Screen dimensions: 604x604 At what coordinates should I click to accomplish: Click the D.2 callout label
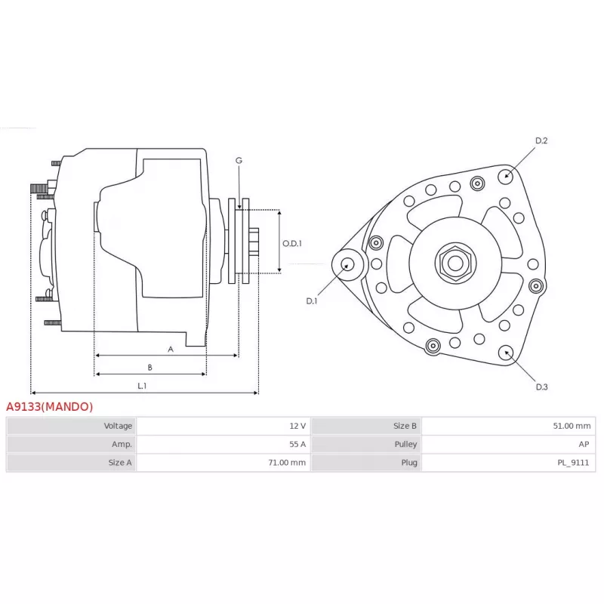point(541,141)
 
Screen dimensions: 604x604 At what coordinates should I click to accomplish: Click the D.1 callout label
point(312,301)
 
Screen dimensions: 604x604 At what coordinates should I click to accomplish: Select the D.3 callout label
point(541,387)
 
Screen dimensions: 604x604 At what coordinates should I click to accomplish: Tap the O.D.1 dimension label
point(292,243)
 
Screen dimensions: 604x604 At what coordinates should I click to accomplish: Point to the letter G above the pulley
point(239,161)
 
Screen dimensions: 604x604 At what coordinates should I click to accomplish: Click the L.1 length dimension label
point(142,386)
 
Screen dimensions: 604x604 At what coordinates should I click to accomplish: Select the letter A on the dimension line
point(171,350)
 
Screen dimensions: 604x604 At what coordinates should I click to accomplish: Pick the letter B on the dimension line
point(149,368)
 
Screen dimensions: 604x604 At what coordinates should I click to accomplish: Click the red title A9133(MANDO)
point(49,407)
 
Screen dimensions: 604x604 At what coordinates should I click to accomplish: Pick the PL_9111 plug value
point(573,463)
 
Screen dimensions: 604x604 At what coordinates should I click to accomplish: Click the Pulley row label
point(405,445)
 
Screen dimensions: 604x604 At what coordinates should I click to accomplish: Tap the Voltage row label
point(118,426)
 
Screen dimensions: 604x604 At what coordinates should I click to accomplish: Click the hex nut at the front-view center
point(455,263)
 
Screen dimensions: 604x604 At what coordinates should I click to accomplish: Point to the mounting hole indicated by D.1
point(348,265)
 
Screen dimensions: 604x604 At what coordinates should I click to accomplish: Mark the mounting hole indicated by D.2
point(505,177)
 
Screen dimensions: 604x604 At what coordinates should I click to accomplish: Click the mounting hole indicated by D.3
point(506,353)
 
